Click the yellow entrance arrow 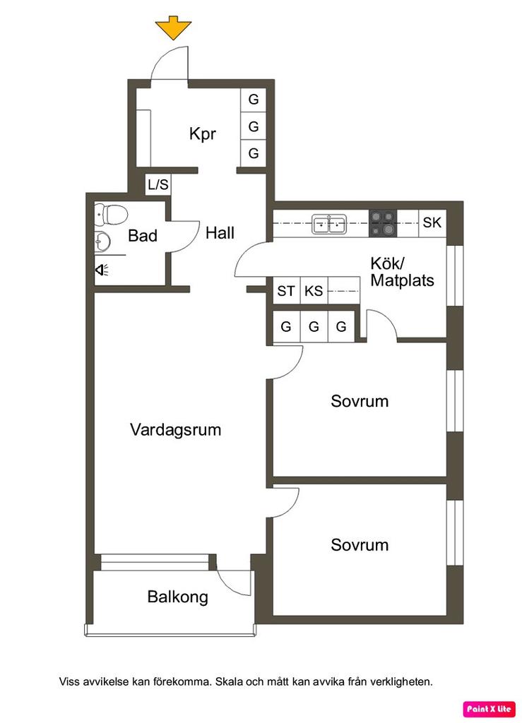pos(173,28)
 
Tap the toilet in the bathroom pos(111,215)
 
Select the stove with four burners pos(383,224)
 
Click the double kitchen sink pos(328,225)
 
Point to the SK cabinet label pos(432,222)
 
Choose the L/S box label pos(158,184)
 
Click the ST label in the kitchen pos(286,291)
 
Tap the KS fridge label pos(314,291)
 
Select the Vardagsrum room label pos(176,430)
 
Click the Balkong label pos(177,597)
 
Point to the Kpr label pos(203,133)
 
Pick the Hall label pos(220,232)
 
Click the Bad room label pos(143,236)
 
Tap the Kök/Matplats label pos(402,272)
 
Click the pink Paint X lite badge pos(489,709)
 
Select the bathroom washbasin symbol pos(102,241)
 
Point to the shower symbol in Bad pos(102,270)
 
